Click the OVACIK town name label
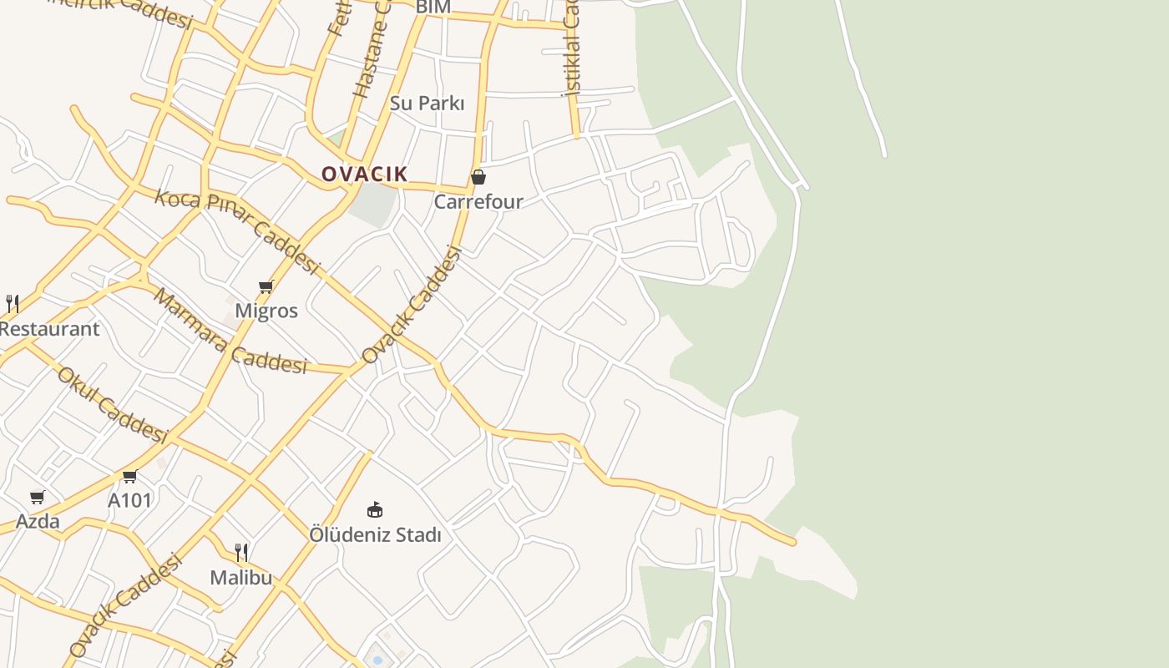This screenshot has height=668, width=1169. coord(365,174)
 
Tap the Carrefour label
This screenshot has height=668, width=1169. coord(478,201)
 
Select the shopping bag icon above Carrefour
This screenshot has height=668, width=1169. coord(478,177)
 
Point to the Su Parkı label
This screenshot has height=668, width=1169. coord(427,103)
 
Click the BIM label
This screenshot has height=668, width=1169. coord(433,8)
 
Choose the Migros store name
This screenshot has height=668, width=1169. coord(266,311)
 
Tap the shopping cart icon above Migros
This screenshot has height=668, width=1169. coord(266,287)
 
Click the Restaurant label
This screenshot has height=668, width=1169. coord(49,328)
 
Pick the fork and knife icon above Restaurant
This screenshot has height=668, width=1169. coord(13,303)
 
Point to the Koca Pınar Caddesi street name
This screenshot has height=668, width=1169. coord(238,232)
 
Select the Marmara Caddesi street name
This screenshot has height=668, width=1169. coord(230,331)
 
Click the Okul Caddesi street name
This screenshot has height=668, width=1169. coord(113,404)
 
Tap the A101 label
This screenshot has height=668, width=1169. coord(130,500)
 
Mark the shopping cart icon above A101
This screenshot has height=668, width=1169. coord(129,477)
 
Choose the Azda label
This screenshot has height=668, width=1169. coord(38,521)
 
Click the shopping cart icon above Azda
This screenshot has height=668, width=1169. coord(37,498)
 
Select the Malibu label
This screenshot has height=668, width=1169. coord(241,577)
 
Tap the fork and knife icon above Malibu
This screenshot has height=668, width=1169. coord(241,552)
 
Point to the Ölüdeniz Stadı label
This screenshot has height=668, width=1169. coord(375,534)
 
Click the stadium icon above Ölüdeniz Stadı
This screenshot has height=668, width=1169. coord(375,509)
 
